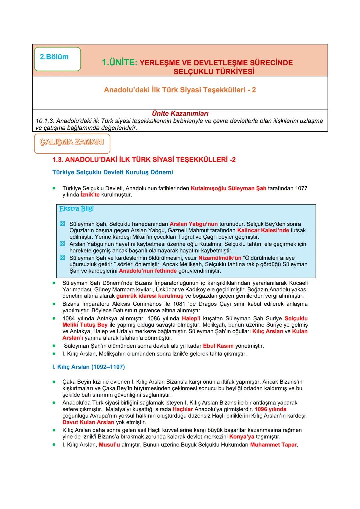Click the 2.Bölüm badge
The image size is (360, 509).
click(x=57, y=59)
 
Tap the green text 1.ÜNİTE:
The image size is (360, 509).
click(x=119, y=63)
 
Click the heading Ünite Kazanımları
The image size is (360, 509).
click(x=180, y=114)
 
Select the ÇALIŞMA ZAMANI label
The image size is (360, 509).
click(x=72, y=142)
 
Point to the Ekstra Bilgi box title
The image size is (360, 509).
click(x=76, y=209)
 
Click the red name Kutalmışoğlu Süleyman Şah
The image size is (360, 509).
click(x=228, y=188)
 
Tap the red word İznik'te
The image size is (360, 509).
click(x=90, y=195)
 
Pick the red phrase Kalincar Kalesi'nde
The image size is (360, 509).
click(x=263, y=230)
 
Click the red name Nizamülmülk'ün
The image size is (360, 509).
click(x=220, y=258)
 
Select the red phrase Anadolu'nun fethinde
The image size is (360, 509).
click(x=148, y=271)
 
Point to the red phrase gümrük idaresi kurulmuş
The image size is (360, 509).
click(x=150, y=296)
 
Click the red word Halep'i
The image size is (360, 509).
click(x=191, y=319)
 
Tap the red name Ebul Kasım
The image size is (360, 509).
click(x=218, y=346)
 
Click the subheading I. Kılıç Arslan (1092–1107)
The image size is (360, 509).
click(x=88, y=367)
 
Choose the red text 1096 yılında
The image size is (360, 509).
click(x=270, y=409)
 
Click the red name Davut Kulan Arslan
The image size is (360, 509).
click(x=88, y=422)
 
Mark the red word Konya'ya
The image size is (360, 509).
click(x=242, y=437)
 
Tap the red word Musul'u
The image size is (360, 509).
click(x=109, y=445)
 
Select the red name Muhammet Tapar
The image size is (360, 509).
click(x=273, y=445)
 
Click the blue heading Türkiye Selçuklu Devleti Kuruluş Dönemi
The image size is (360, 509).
click(x=113, y=172)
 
